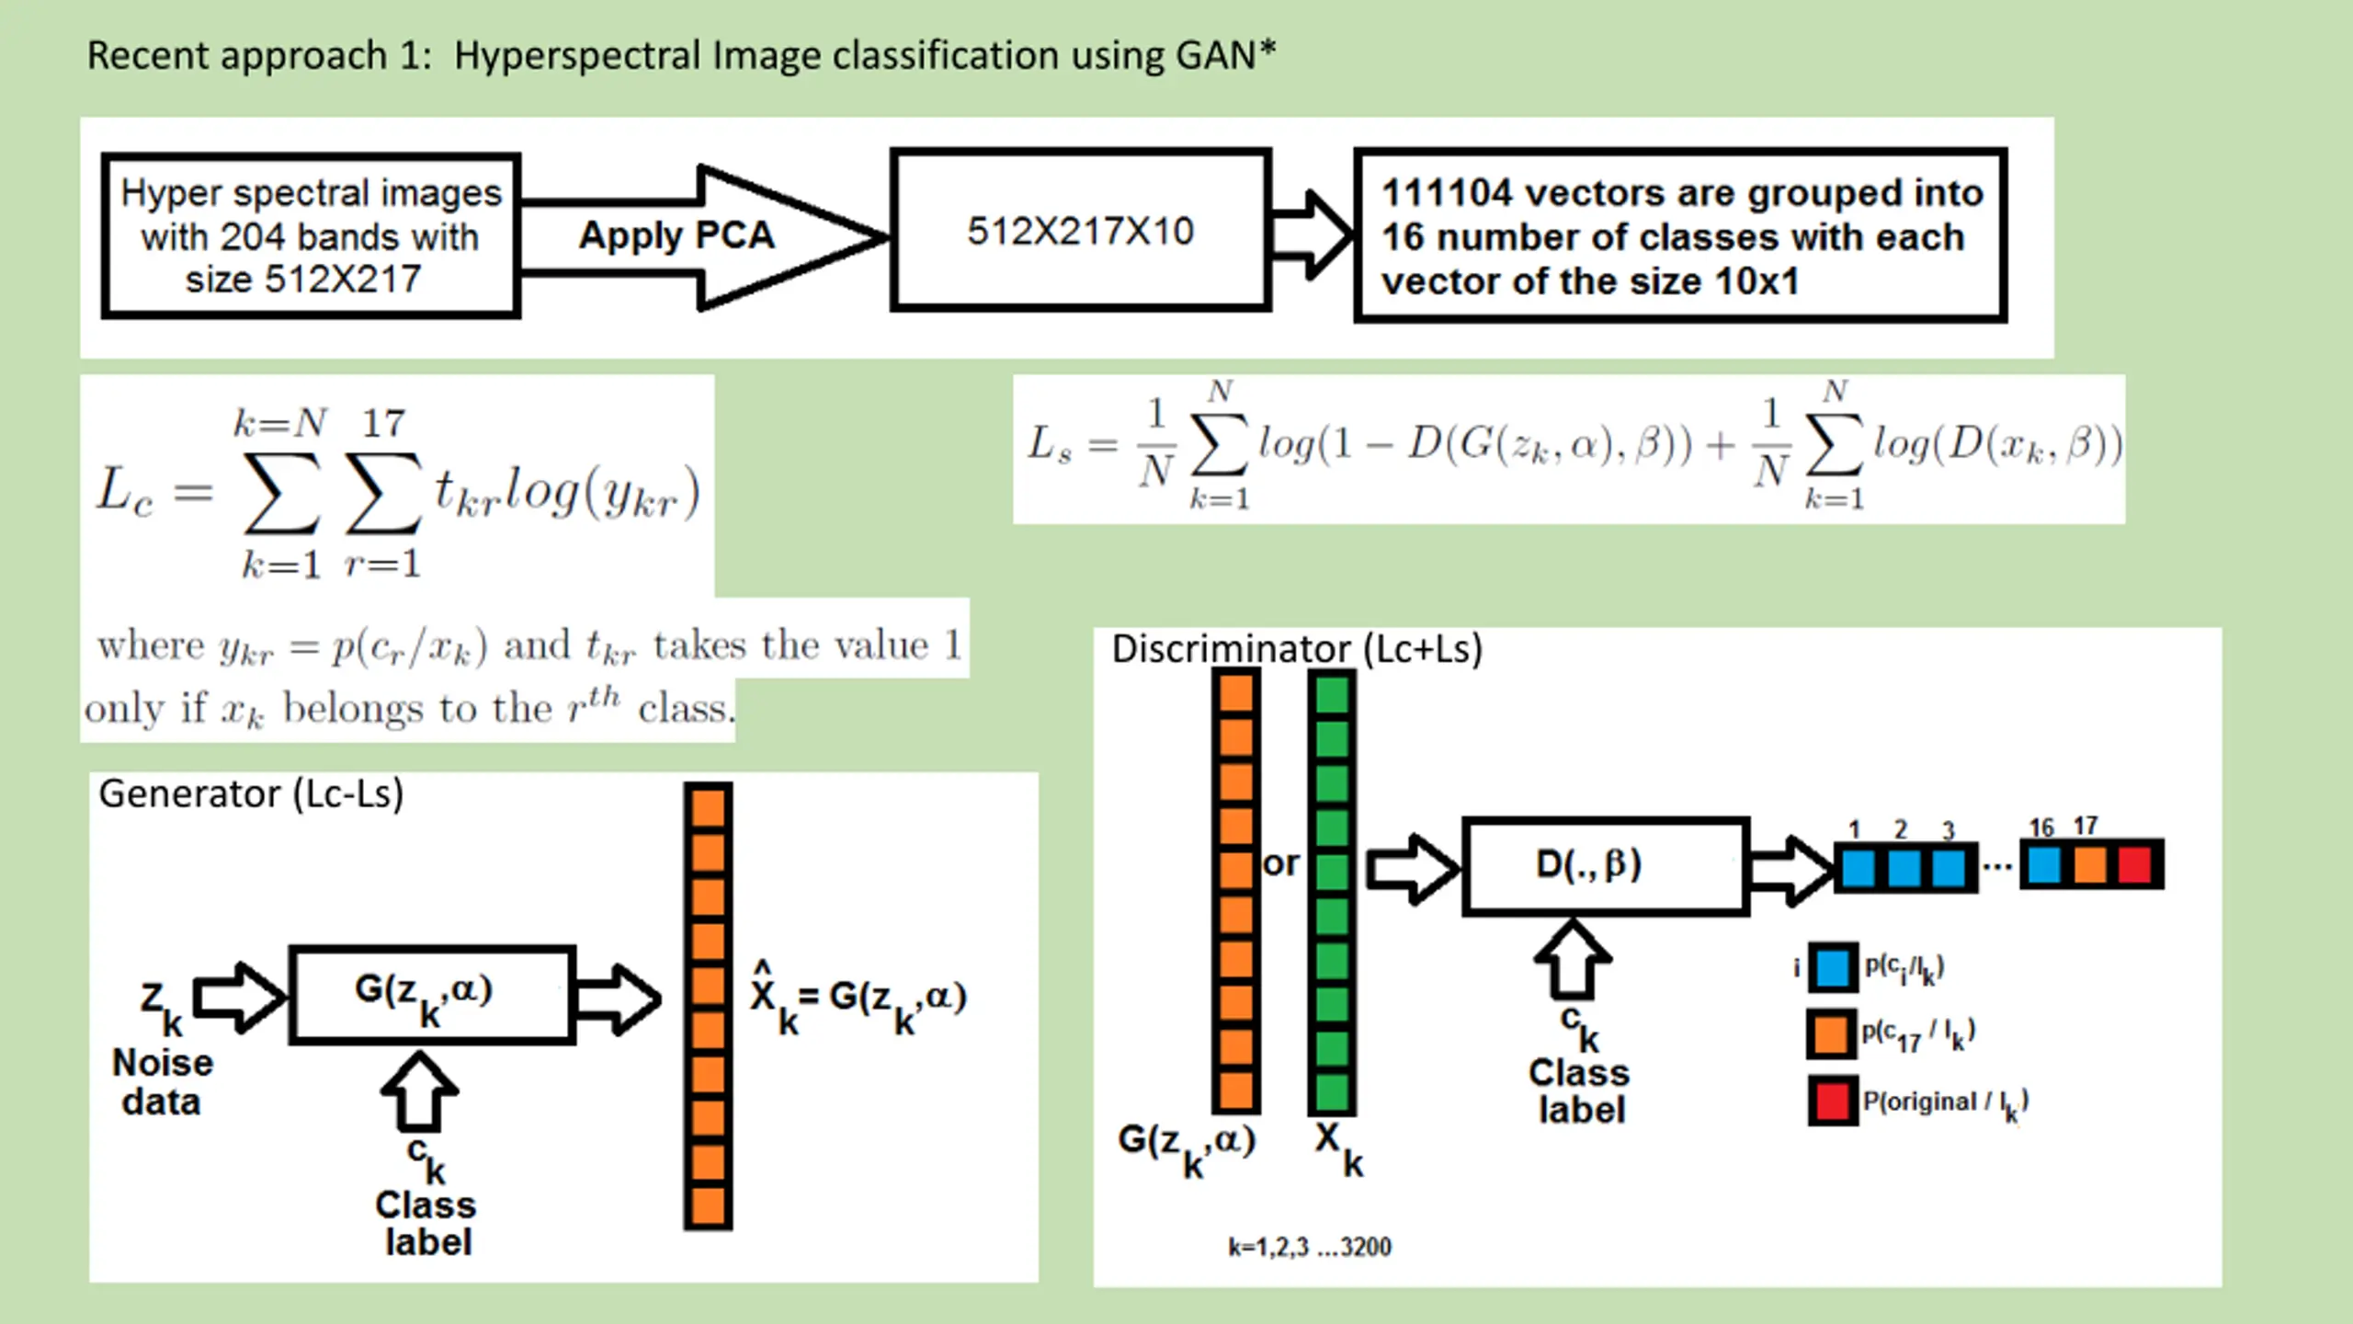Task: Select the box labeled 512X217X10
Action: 1080,230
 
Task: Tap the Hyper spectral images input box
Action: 311,235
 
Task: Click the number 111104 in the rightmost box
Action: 1447,193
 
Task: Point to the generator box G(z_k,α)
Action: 432,995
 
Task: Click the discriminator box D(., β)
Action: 1606,866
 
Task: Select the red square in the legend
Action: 1832,1101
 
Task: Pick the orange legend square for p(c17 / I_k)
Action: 1831,1033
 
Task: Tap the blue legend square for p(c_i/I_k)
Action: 1833,967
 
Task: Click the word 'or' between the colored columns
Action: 1281,864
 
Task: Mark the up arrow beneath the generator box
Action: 419,1091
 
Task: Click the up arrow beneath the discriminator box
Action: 1573,959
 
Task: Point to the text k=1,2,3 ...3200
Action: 1310,1247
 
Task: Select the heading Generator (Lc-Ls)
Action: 251,794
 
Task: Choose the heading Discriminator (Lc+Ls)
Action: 1297,649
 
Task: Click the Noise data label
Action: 163,1082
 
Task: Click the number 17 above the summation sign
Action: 383,423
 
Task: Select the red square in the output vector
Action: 2135,865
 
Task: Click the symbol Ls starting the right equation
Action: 1050,444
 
